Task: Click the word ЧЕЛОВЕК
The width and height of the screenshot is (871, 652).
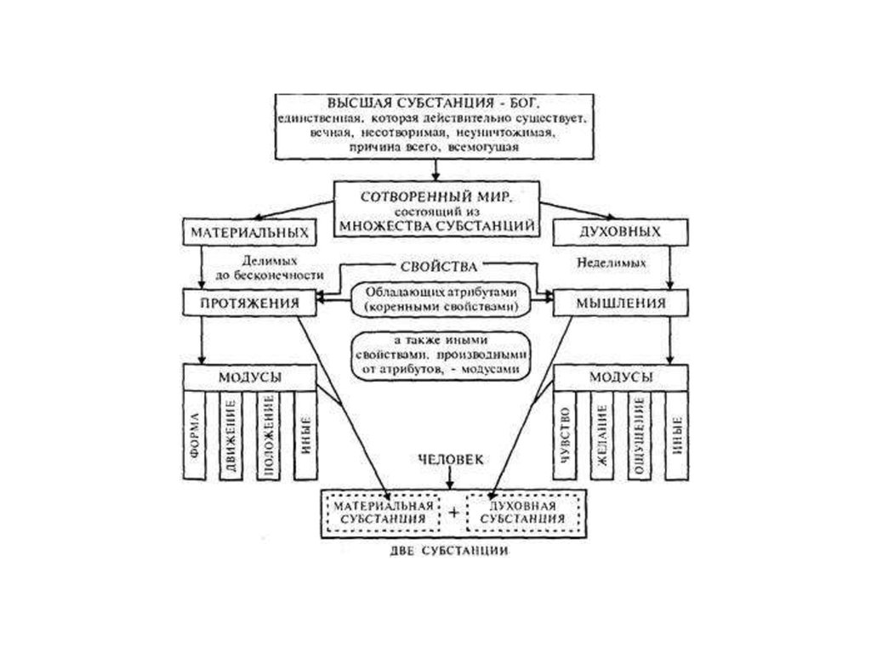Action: coord(450,459)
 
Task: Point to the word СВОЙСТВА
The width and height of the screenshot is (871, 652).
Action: coord(435,266)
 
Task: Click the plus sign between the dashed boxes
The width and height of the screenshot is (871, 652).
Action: coord(453,512)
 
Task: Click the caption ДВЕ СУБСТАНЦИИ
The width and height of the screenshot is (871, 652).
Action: coord(452,551)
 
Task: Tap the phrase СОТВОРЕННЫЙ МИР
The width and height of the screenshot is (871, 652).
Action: coord(435,196)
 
